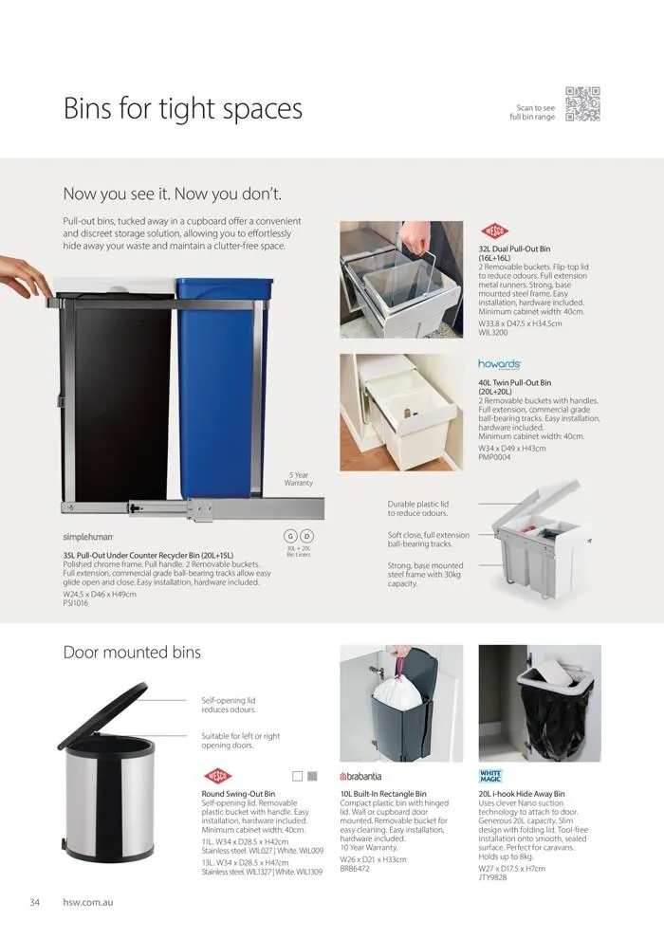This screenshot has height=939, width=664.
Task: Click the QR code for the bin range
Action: (x=582, y=104)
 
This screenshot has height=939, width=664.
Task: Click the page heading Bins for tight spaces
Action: (x=182, y=108)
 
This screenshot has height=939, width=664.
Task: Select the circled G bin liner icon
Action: (x=291, y=536)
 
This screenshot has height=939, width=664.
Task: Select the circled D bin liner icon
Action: (x=307, y=536)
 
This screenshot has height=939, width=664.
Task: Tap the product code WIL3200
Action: (x=494, y=333)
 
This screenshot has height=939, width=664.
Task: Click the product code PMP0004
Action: (x=495, y=457)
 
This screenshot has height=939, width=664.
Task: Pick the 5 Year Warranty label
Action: (x=299, y=479)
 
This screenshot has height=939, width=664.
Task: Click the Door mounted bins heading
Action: (x=132, y=653)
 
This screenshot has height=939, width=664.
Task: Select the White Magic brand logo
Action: (x=490, y=776)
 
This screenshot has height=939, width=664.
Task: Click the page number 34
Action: (x=34, y=901)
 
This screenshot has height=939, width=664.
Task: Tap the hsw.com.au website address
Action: (x=87, y=901)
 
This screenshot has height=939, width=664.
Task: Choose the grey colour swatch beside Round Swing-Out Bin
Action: (x=313, y=775)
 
